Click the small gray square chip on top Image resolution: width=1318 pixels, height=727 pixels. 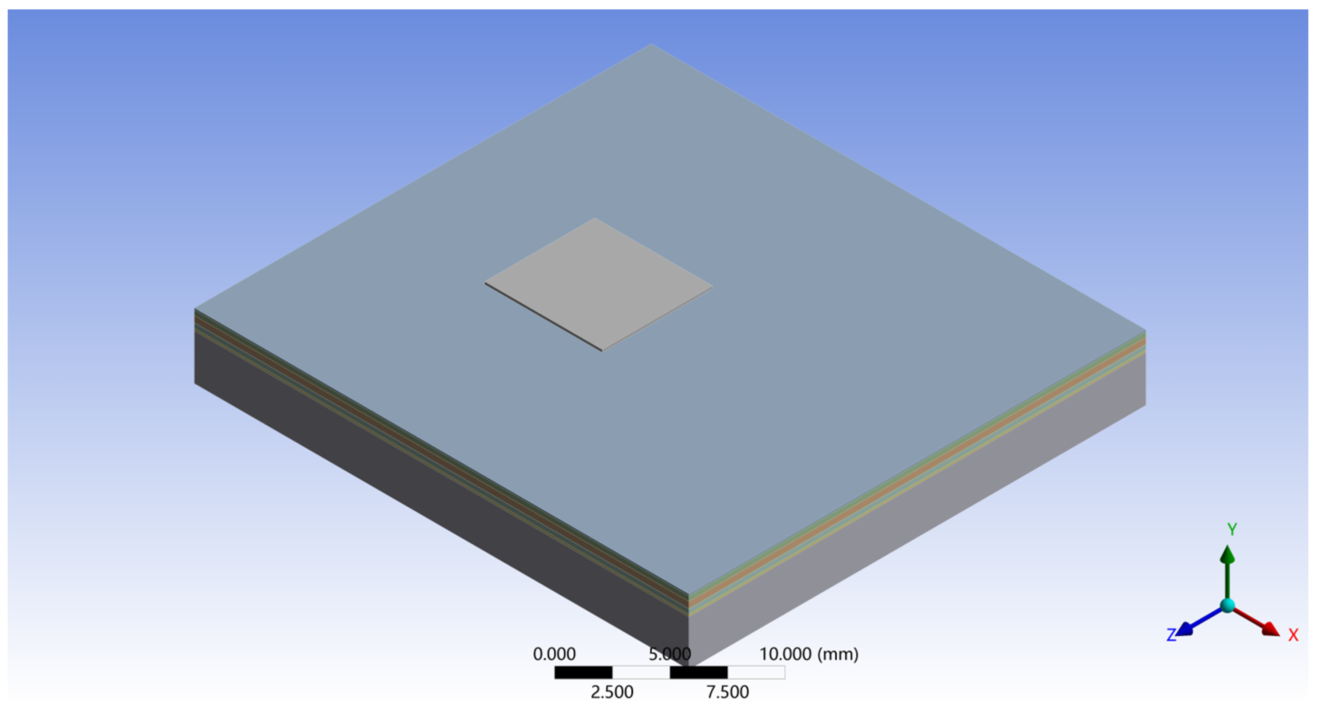(599, 284)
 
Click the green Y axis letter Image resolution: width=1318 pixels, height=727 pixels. (1232, 529)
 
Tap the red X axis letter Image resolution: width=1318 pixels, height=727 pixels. (1293, 635)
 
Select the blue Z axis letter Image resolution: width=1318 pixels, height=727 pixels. (1171, 635)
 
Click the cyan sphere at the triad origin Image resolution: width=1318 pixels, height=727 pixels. (1227, 606)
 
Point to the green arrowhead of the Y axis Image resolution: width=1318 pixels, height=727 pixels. (1227, 554)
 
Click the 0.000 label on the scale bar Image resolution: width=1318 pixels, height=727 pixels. (554, 654)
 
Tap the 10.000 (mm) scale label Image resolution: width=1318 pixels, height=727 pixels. (808, 654)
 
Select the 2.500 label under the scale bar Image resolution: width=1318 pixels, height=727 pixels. (612, 692)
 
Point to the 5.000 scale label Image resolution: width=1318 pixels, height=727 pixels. (670, 654)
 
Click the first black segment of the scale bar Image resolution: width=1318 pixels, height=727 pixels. (583, 672)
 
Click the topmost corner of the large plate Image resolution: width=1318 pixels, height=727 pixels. (651, 44)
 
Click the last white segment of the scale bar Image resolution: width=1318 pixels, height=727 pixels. (756, 672)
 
